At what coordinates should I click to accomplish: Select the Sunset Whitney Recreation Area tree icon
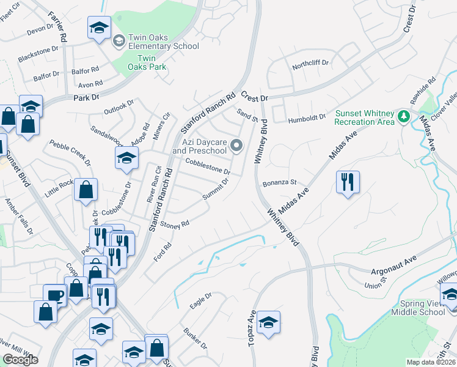[x=403, y=116]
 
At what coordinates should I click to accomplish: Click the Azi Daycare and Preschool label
[x=203, y=146]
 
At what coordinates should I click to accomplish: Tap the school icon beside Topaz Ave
[x=268, y=322]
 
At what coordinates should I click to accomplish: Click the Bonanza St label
[x=279, y=182]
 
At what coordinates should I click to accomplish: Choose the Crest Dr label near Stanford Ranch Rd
[x=254, y=97]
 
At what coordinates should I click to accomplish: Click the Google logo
[x=20, y=360]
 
